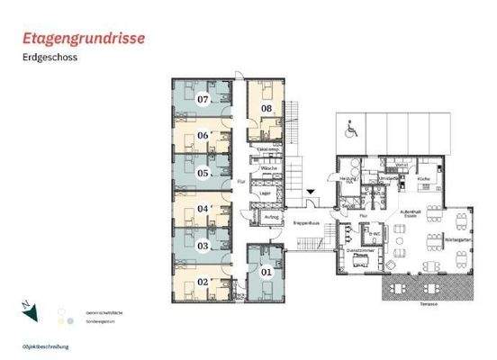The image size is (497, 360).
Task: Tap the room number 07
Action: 203,99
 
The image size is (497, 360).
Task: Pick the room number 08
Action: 267,109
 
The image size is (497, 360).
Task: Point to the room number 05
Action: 203,173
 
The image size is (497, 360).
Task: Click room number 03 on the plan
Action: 203,245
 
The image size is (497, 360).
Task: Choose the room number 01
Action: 266,270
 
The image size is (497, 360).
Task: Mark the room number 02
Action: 203,282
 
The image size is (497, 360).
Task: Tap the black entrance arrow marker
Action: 310,192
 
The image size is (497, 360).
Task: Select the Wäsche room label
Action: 267,169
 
